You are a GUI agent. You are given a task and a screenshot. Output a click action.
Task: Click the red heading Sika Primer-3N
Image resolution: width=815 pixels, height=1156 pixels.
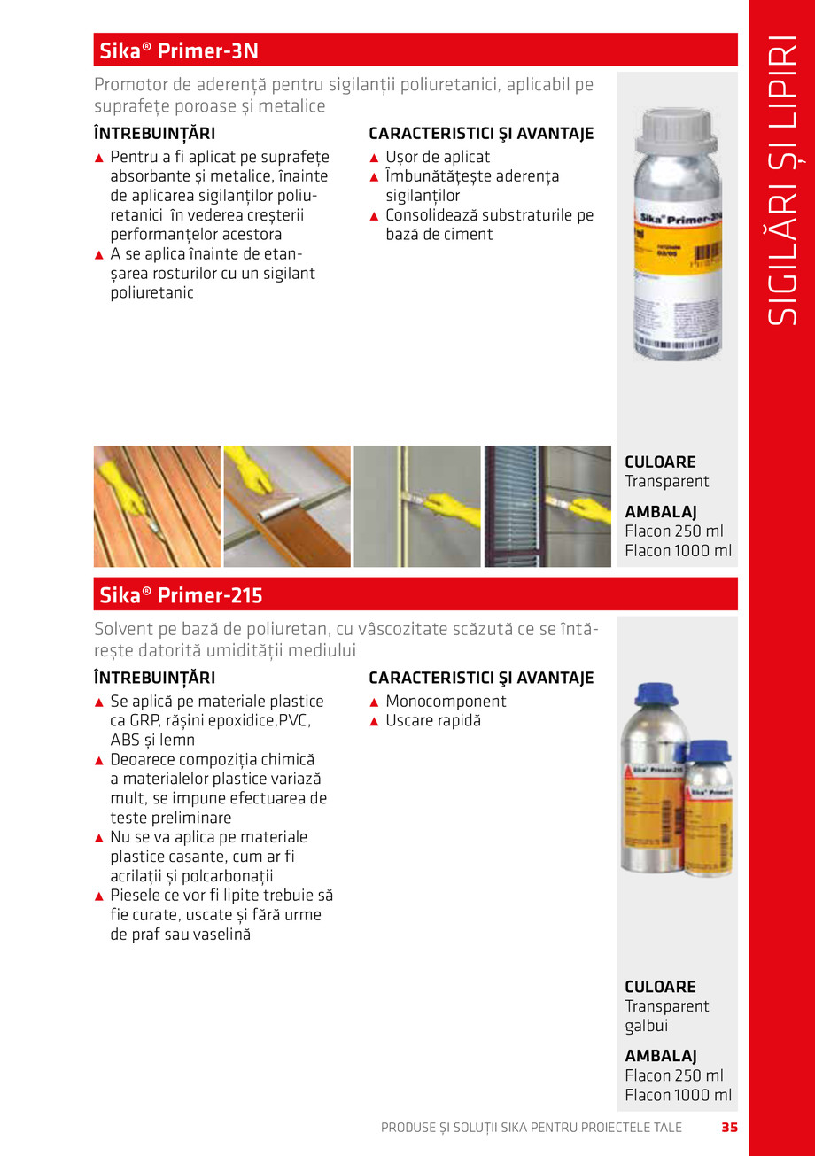tap(177, 50)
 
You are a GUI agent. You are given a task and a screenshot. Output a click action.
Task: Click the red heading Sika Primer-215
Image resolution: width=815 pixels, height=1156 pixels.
tap(179, 595)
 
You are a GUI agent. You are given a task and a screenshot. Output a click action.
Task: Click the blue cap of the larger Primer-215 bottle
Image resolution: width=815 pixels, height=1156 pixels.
tap(656, 694)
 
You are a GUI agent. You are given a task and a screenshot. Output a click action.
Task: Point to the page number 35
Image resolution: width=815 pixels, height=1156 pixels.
tap(729, 1128)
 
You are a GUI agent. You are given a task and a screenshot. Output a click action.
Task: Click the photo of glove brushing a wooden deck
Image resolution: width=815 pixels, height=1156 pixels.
tap(157, 506)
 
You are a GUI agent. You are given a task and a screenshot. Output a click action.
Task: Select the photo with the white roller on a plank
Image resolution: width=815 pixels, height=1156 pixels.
tap(287, 506)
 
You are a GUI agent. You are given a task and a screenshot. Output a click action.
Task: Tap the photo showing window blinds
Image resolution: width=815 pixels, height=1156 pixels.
tap(547, 506)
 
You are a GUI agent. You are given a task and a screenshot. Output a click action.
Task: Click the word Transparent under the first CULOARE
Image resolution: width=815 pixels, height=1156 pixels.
tap(667, 482)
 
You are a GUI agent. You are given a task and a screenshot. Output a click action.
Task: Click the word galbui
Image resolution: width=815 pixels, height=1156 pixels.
tap(647, 1026)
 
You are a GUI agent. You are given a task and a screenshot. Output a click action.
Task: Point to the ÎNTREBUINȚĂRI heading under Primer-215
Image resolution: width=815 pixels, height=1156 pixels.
tap(154, 679)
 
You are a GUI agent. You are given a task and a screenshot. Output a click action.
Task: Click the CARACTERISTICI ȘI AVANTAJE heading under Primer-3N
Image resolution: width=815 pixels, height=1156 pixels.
tap(481, 135)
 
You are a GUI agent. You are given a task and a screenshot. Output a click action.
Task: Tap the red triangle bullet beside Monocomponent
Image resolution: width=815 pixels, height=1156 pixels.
tap(374, 702)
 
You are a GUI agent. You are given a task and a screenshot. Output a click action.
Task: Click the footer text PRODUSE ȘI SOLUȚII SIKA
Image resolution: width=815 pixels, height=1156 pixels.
tap(531, 1128)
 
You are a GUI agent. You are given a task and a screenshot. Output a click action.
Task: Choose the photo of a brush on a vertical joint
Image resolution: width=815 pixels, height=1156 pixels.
tap(416, 506)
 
